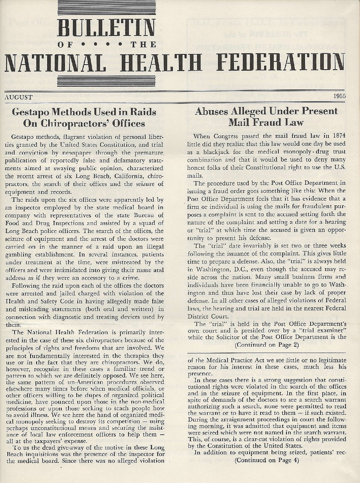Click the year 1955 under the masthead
click(x=339, y=96)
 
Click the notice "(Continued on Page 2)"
click(x=267, y=344)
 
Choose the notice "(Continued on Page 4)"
click(x=267, y=460)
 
